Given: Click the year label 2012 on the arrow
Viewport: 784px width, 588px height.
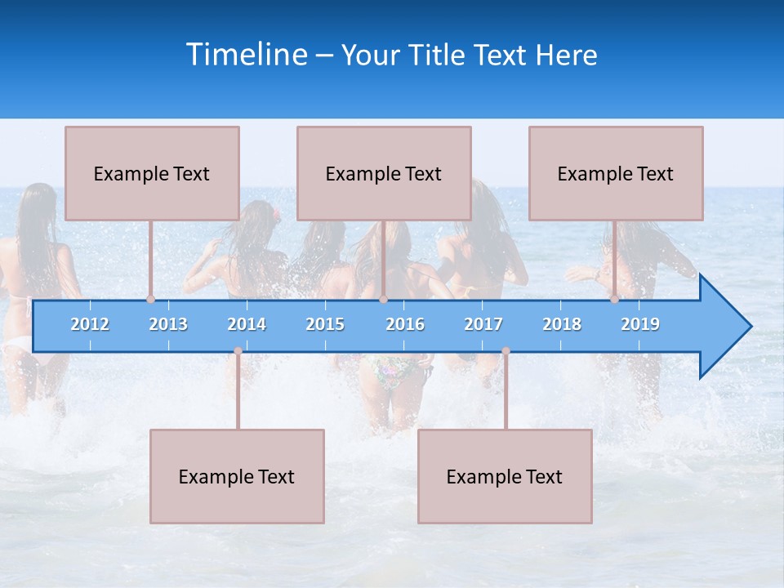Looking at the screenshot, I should coord(90,324).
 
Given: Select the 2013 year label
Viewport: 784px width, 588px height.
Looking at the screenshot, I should coord(168,324).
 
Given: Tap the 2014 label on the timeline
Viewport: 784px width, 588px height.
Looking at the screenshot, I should coord(247,324).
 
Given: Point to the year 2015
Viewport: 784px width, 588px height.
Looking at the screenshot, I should coord(325,324).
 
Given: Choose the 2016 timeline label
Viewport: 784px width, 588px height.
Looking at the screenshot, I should coord(405,324).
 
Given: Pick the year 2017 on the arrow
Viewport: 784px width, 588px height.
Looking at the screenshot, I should coord(483,324).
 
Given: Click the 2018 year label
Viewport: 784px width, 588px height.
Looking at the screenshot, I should coord(562,324).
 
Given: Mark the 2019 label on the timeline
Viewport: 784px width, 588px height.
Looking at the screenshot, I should coord(640,324).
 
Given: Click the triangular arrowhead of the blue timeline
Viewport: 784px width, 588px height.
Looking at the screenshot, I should coord(723,327).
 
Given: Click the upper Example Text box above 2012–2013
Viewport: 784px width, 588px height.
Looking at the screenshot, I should coord(152,173).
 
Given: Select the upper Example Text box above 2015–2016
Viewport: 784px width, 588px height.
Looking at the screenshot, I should coord(384,173).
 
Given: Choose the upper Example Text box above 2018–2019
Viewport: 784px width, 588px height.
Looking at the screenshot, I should coord(616,173).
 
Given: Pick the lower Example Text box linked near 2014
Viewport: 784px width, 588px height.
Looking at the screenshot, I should coord(237,476).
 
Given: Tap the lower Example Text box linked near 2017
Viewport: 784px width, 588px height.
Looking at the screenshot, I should coord(505,476).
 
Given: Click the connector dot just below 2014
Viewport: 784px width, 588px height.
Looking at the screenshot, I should coord(238,350).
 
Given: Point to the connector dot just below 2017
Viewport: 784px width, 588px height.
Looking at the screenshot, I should coord(506,350).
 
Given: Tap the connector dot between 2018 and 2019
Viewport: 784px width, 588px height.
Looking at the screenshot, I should coord(614,299).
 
